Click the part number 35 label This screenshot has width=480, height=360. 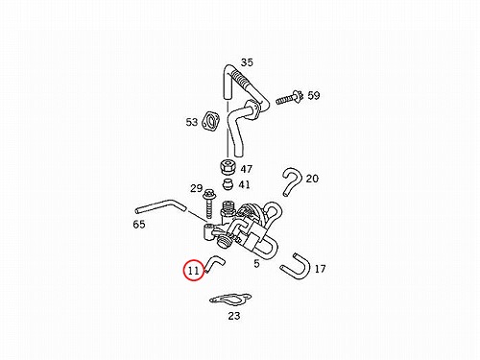(247, 62)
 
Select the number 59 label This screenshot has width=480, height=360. (314, 95)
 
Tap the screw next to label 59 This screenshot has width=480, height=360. (289, 97)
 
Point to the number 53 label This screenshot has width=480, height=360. (192, 122)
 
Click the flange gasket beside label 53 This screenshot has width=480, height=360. (211, 121)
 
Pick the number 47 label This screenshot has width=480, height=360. (247, 169)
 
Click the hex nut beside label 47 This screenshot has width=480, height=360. (228, 166)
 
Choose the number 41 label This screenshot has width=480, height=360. (245, 184)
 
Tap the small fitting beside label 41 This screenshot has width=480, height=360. (228, 184)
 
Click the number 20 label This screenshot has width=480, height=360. (312, 179)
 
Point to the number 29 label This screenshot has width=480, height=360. (196, 188)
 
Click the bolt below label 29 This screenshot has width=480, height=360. (209, 204)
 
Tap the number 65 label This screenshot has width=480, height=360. (139, 225)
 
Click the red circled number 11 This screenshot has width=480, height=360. (194, 271)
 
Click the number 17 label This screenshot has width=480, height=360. (320, 269)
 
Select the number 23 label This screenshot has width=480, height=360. (234, 316)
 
